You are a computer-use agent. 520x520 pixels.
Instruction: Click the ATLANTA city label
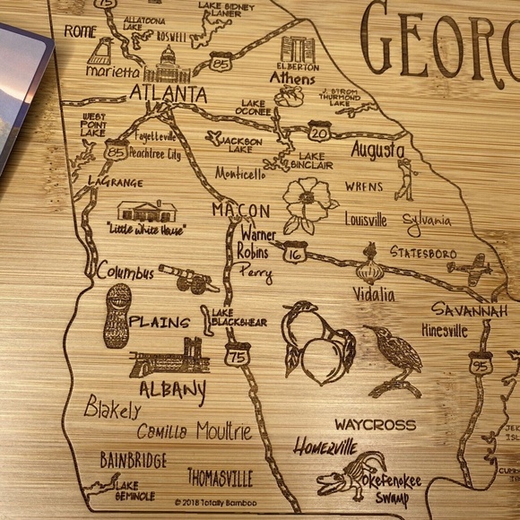pyautogui.click(x=168, y=93)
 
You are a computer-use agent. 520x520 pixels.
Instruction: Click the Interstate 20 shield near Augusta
pyautogui.click(x=319, y=131)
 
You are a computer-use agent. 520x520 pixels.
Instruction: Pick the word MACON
pyautogui.click(x=240, y=210)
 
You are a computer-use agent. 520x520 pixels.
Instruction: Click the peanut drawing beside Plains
pyautogui.click(x=117, y=316)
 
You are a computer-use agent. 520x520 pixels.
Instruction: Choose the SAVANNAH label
pyautogui.click(x=475, y=309)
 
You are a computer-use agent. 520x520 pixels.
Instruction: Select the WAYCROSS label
pyautogui.click(x=376, y=424)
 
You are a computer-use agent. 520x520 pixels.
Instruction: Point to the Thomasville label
pyautogui.click(x=220, y=477)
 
